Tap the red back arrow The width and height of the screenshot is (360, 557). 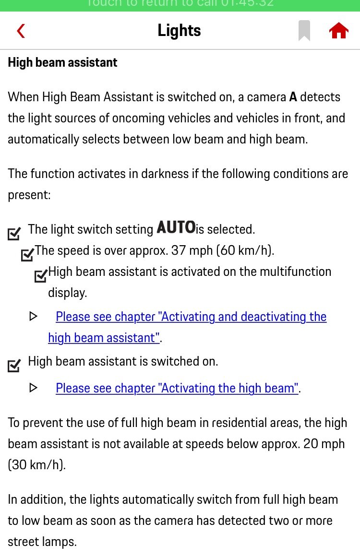click(x=21, y=31)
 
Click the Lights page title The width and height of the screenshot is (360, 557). click(x=179, y=31)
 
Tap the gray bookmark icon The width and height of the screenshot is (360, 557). click(x=304, y=31)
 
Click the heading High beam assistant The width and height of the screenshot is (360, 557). click(x=63, y=62)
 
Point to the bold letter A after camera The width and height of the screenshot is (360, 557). click(x=293, y=97)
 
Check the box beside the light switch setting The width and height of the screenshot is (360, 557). click(x=14, y=234)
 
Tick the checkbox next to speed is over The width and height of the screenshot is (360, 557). click(x=27, y=255)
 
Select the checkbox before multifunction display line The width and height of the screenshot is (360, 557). click(x=41, y=276)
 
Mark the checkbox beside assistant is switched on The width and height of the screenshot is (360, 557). click(x=14, y=366)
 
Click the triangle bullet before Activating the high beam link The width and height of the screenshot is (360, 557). click(x=33, y=387)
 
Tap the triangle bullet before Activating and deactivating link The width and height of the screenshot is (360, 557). click(x=33, y=316)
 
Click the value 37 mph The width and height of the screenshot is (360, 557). click(x=188, y=250)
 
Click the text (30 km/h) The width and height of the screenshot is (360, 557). click(x=36, y=465)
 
